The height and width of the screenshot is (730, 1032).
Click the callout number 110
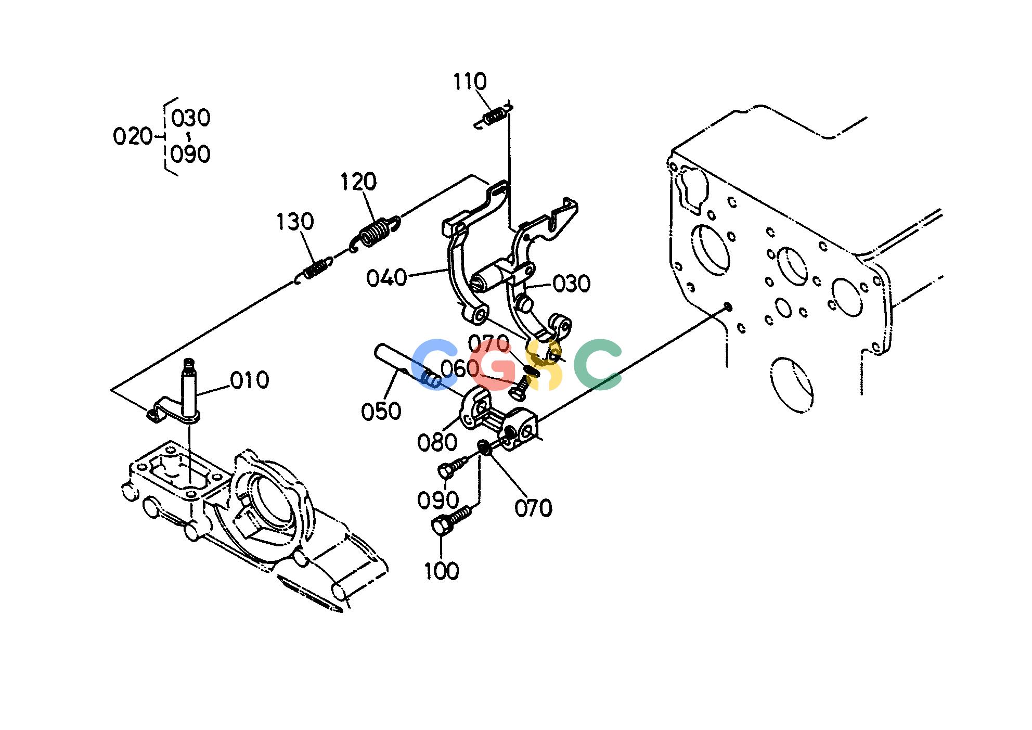(x=470, y=82)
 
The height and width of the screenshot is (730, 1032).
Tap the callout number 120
(x=358, y=182)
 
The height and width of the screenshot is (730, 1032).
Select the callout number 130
(x=295, y=222)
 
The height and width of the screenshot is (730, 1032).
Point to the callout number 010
(x=250, y=380)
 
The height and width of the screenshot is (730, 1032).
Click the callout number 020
(x=132, y=137)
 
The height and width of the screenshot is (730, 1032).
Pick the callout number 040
(x=386, y=278)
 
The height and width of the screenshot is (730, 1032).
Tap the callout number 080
(x=437, y=443)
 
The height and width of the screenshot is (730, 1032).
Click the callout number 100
(x=442, y=571)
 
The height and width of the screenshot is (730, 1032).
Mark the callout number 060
(x=460, y=369)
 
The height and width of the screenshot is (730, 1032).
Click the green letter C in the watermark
(x=598, y=364)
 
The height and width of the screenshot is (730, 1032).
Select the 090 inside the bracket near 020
(x=191, y=154)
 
